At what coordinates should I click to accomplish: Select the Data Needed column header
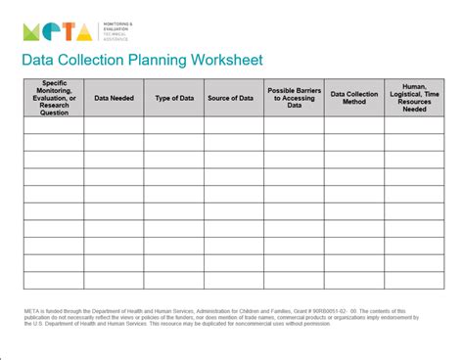pyautogui.click(x=114, y=98)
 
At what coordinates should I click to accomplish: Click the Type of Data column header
pyautogui.click(x=173, y=98)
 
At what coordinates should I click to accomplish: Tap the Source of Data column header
pyautogui.click(x=233, y=98)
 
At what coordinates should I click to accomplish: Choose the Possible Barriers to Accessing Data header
pyautogui.click(x=293, y=98)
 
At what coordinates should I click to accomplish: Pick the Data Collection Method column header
pyautogui.click(x=353, y=98)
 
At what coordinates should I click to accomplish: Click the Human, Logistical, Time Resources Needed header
pyautogui.click(x=414, y=98)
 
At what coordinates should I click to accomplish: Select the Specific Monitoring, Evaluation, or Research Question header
pyautogui.click(x=53, y=98)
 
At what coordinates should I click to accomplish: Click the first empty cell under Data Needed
pyautogui.click(x=114, y=124)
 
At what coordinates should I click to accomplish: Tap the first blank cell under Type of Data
pyautogui.click(x=173, y=124)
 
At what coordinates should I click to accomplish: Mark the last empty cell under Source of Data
pyautogui.click(x=233, y=281)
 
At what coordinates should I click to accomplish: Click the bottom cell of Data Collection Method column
pyautogui.click(x=353, y=281)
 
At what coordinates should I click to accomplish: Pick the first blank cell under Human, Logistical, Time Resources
pyautogui.click(x=414, y=124)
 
